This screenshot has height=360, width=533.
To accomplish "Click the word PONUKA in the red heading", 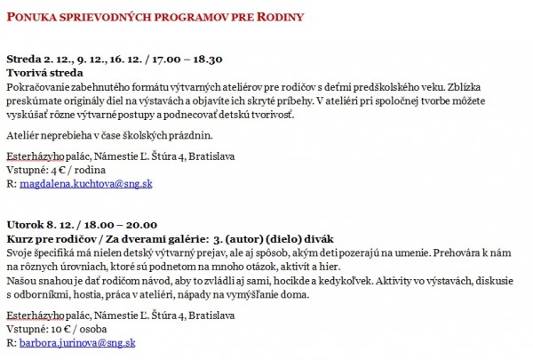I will [x=32, y=15].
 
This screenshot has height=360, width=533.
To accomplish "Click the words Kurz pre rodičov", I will [x=45, y=239].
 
